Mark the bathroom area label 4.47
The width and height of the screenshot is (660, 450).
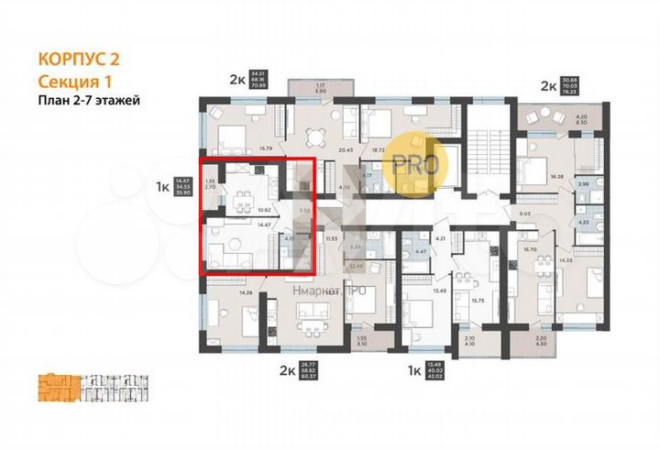[x=423, y=251]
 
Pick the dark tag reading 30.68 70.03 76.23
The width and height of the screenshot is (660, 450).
[x=575, y=87]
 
